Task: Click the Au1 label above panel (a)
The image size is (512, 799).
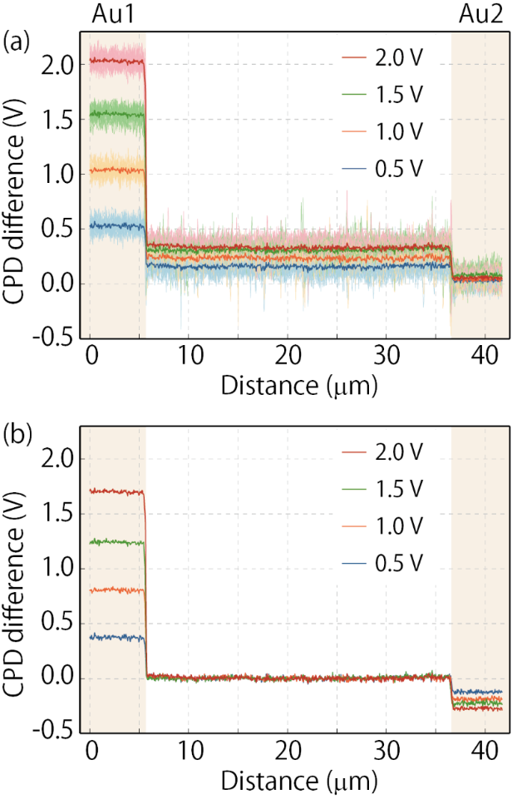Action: pos(113,16)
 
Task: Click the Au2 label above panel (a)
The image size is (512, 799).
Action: pos(480,16)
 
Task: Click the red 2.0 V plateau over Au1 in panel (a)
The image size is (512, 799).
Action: pos(116,61)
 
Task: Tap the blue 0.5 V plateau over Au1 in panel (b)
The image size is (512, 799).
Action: pos(116,638)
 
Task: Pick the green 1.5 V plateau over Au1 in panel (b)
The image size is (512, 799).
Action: pos(116,542)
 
